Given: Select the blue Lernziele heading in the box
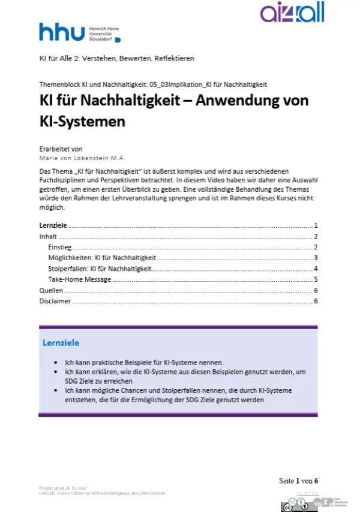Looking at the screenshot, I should point(61,343).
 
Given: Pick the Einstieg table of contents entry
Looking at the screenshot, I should point(59,247).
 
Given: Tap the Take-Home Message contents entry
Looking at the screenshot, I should point(79,279).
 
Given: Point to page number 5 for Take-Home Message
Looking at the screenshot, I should point(315,279).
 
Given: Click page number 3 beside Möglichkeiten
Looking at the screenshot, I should point(315,258).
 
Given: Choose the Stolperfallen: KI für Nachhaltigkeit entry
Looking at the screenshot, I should point(99,269).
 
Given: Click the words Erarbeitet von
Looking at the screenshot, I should point(61,149).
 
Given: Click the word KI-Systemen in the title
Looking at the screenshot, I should point(82,122).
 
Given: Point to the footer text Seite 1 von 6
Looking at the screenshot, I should point(298,481).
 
